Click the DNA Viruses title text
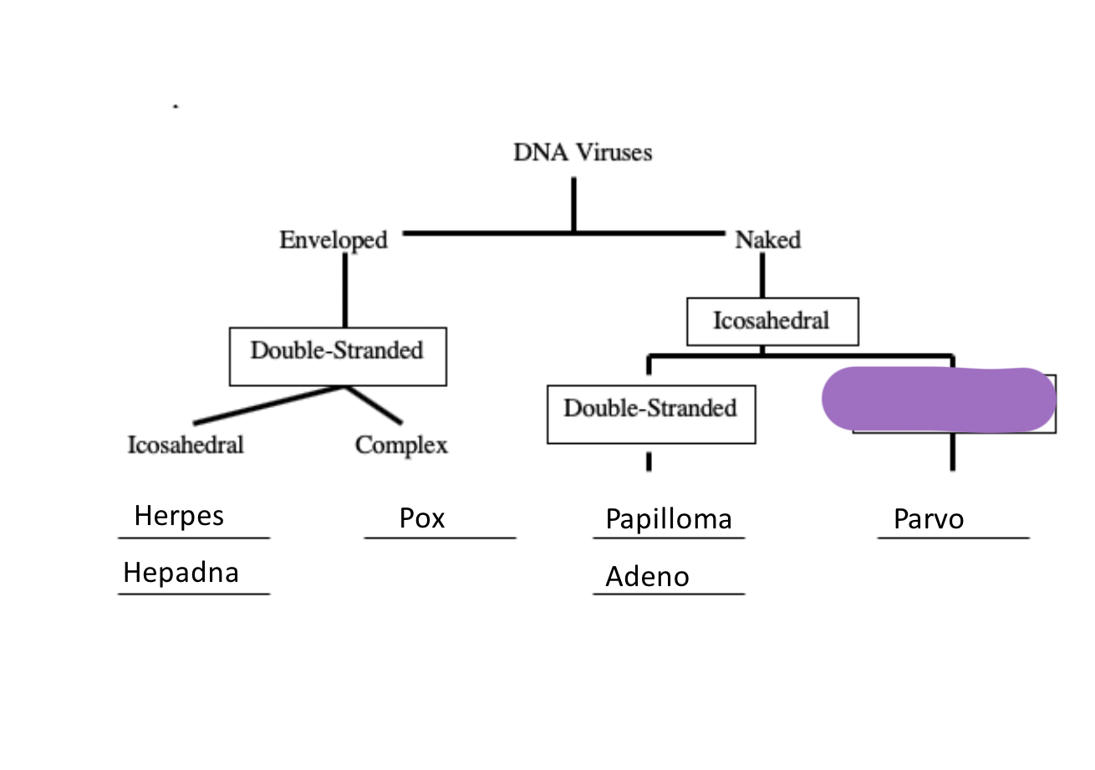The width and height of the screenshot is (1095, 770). coord(583,152)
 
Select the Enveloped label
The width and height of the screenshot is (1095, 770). coord(334,240)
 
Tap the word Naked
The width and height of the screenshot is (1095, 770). coord(767,240)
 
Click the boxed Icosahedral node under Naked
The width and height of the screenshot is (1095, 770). coord(772,321)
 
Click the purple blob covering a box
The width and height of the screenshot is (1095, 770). coord(939,399)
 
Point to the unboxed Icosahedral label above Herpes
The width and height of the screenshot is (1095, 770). coord(186,445)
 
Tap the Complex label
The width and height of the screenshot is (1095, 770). coord(401,445)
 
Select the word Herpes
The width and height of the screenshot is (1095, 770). coord(179,515)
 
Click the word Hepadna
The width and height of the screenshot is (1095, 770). coord(181,572)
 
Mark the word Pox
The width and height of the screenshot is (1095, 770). coord(422,518)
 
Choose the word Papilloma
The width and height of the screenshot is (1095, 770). coord(669,519)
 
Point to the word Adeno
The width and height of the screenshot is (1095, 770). coord(648,576)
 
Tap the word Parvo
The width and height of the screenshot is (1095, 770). coord(929,519)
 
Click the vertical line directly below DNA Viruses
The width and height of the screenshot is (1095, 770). coord(573,203)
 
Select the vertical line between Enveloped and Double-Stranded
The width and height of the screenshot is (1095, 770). coord(344,289)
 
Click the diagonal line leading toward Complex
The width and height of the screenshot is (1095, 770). coord(375,405)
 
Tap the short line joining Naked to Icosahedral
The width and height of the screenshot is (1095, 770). coord(762,275)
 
